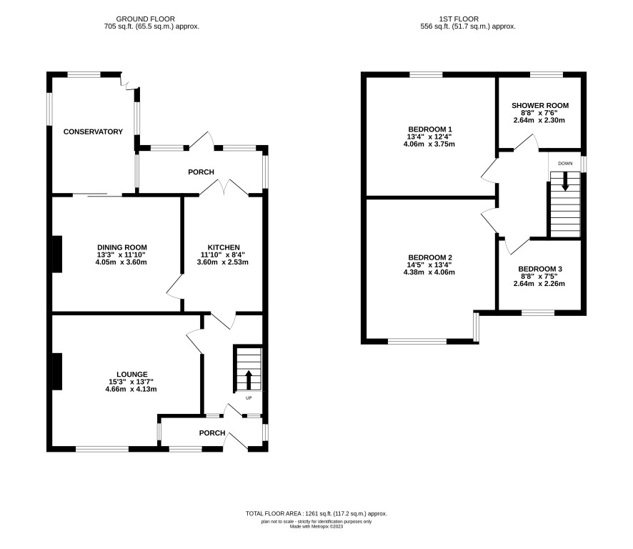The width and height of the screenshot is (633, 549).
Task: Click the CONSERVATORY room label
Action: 93,132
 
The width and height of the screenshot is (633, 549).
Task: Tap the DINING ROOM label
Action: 122,247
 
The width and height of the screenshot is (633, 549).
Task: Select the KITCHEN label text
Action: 224,247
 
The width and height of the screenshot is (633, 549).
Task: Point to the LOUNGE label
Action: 132,375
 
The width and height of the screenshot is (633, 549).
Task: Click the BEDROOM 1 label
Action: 430,129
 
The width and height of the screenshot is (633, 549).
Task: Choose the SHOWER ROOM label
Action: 540,105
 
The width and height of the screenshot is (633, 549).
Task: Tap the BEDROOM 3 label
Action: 540,269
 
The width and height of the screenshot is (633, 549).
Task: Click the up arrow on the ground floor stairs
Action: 249,380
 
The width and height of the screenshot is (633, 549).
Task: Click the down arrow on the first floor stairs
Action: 565,182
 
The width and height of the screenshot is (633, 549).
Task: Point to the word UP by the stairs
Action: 249,398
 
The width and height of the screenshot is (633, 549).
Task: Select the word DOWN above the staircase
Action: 565,164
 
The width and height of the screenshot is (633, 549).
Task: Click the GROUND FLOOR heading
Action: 145,19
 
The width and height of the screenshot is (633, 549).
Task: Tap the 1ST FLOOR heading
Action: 459,19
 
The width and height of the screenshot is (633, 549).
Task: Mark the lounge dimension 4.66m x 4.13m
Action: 131,390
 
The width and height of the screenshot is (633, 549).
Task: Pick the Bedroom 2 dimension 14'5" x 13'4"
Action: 430,265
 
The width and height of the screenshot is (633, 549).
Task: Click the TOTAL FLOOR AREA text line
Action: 316,514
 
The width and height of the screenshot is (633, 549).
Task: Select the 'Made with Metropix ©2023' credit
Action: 316,526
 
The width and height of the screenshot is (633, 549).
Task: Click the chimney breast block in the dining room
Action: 57,254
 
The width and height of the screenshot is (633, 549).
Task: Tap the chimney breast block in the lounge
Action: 57,372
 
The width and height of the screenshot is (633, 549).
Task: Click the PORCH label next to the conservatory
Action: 201,172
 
